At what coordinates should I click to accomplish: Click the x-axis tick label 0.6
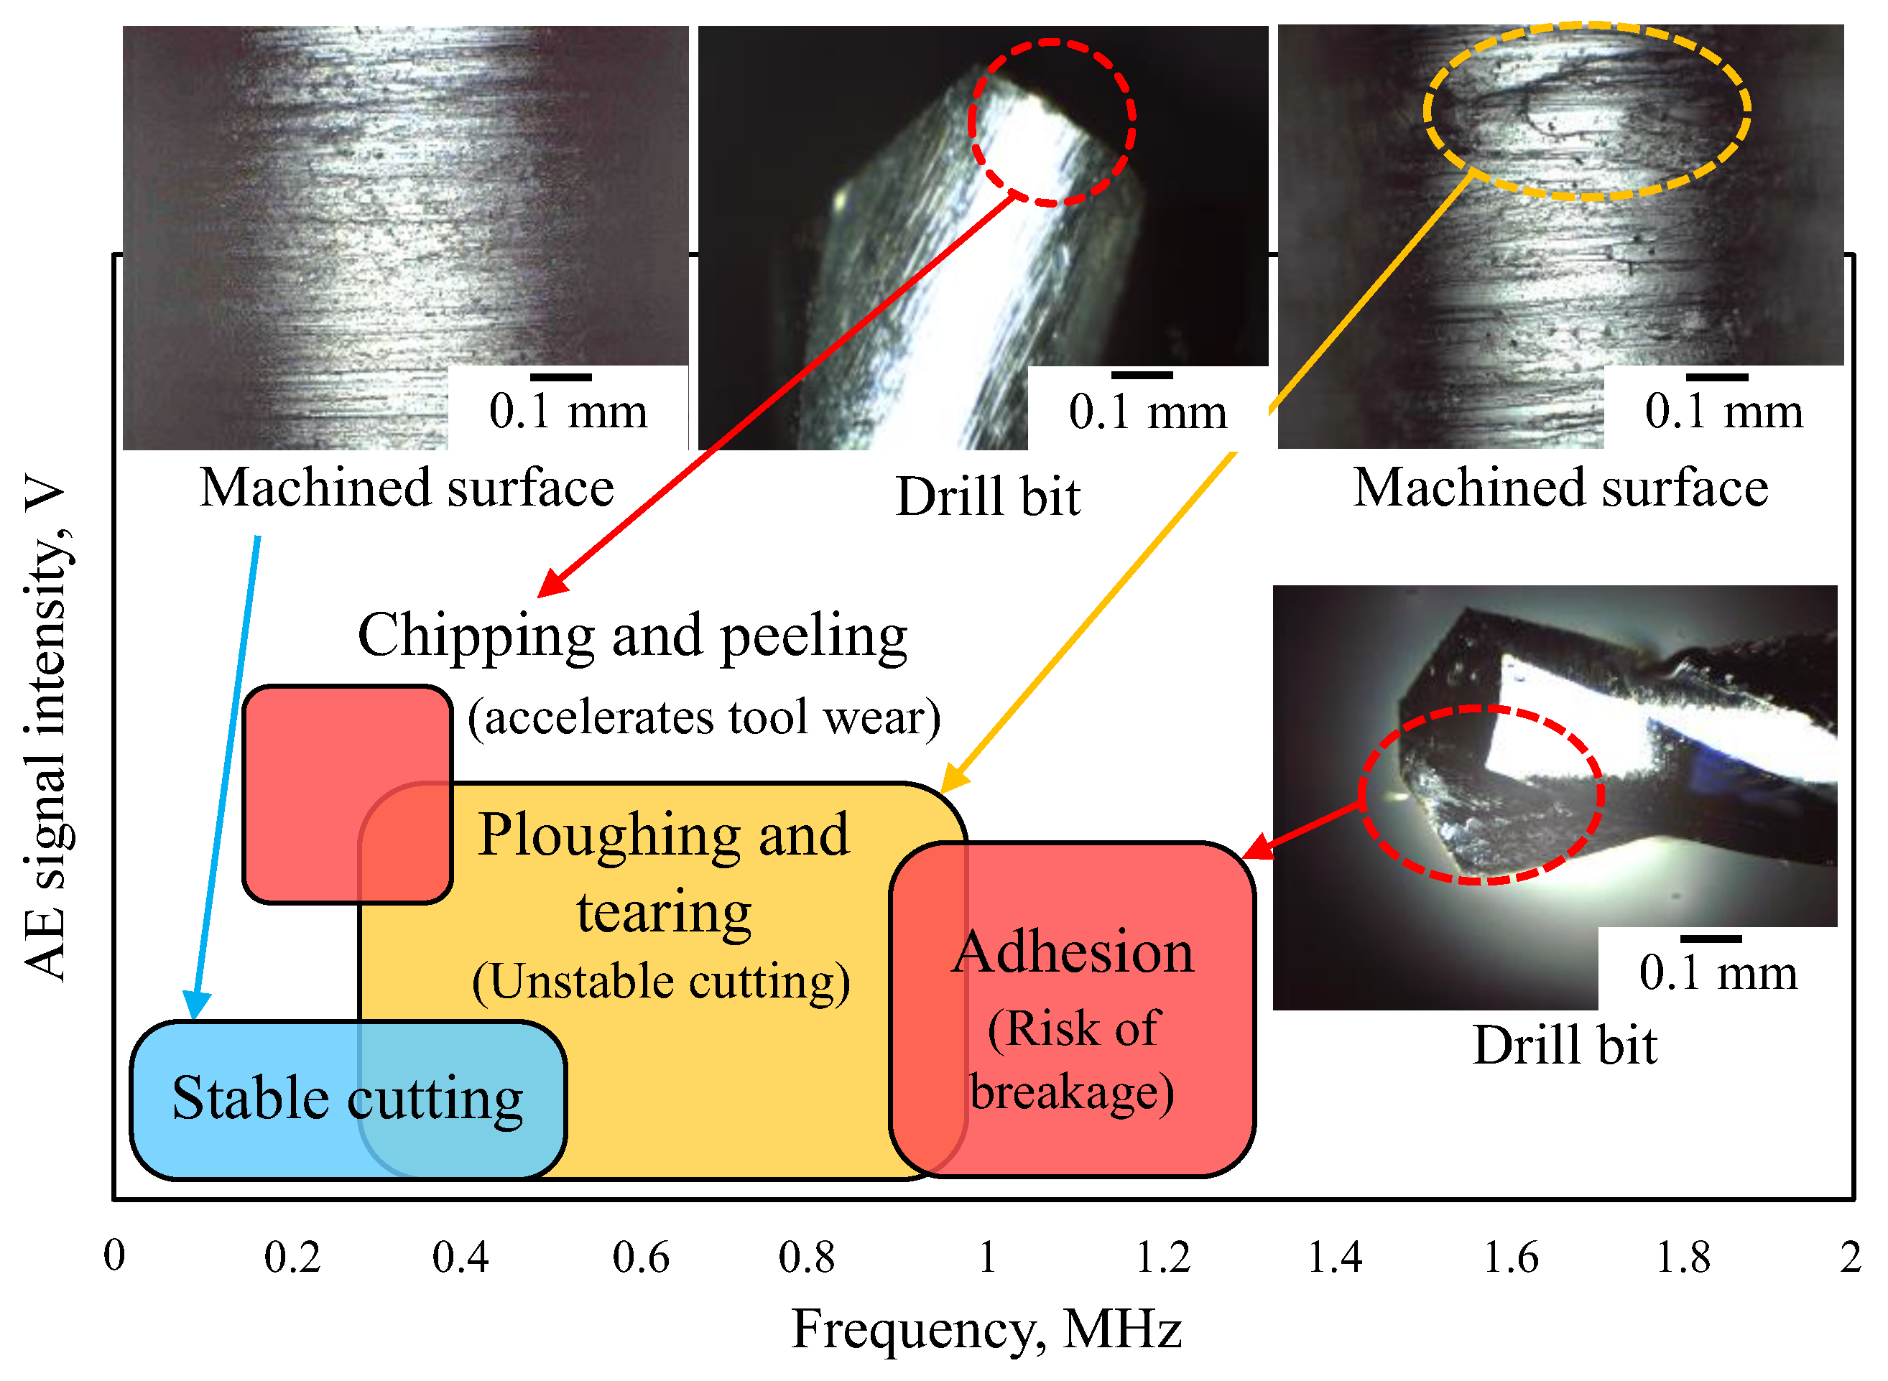coord(641,1258)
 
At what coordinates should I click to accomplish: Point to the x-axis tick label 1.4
coord(1335,1258)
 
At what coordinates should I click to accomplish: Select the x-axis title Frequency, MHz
coord(986,1329)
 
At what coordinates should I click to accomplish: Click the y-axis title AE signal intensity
coord(46,727)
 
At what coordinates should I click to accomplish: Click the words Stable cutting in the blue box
coord(347,1097)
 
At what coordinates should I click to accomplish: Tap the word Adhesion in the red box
coord(1073,953)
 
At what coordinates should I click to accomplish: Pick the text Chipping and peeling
coord(632,636)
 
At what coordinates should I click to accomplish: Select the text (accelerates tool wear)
coord(704,717)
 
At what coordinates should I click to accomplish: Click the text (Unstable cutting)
coord(660,982)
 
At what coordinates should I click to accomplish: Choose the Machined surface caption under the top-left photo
coord(407,488)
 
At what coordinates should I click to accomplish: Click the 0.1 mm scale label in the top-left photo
coord(568,411)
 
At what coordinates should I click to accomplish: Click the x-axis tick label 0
coord(114,1255)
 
